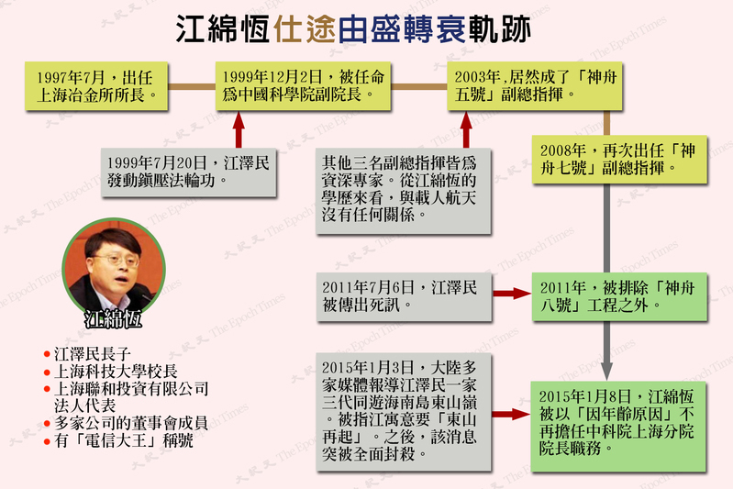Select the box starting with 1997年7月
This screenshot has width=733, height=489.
click(x=94, y=85)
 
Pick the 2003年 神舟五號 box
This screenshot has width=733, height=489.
click(x=527, y=85)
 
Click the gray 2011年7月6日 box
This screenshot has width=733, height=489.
click(x=396, y=295)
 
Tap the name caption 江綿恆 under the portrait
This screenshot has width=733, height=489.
click(x=114, y=321)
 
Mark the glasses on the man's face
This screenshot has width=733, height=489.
click(x=115, y=259)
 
